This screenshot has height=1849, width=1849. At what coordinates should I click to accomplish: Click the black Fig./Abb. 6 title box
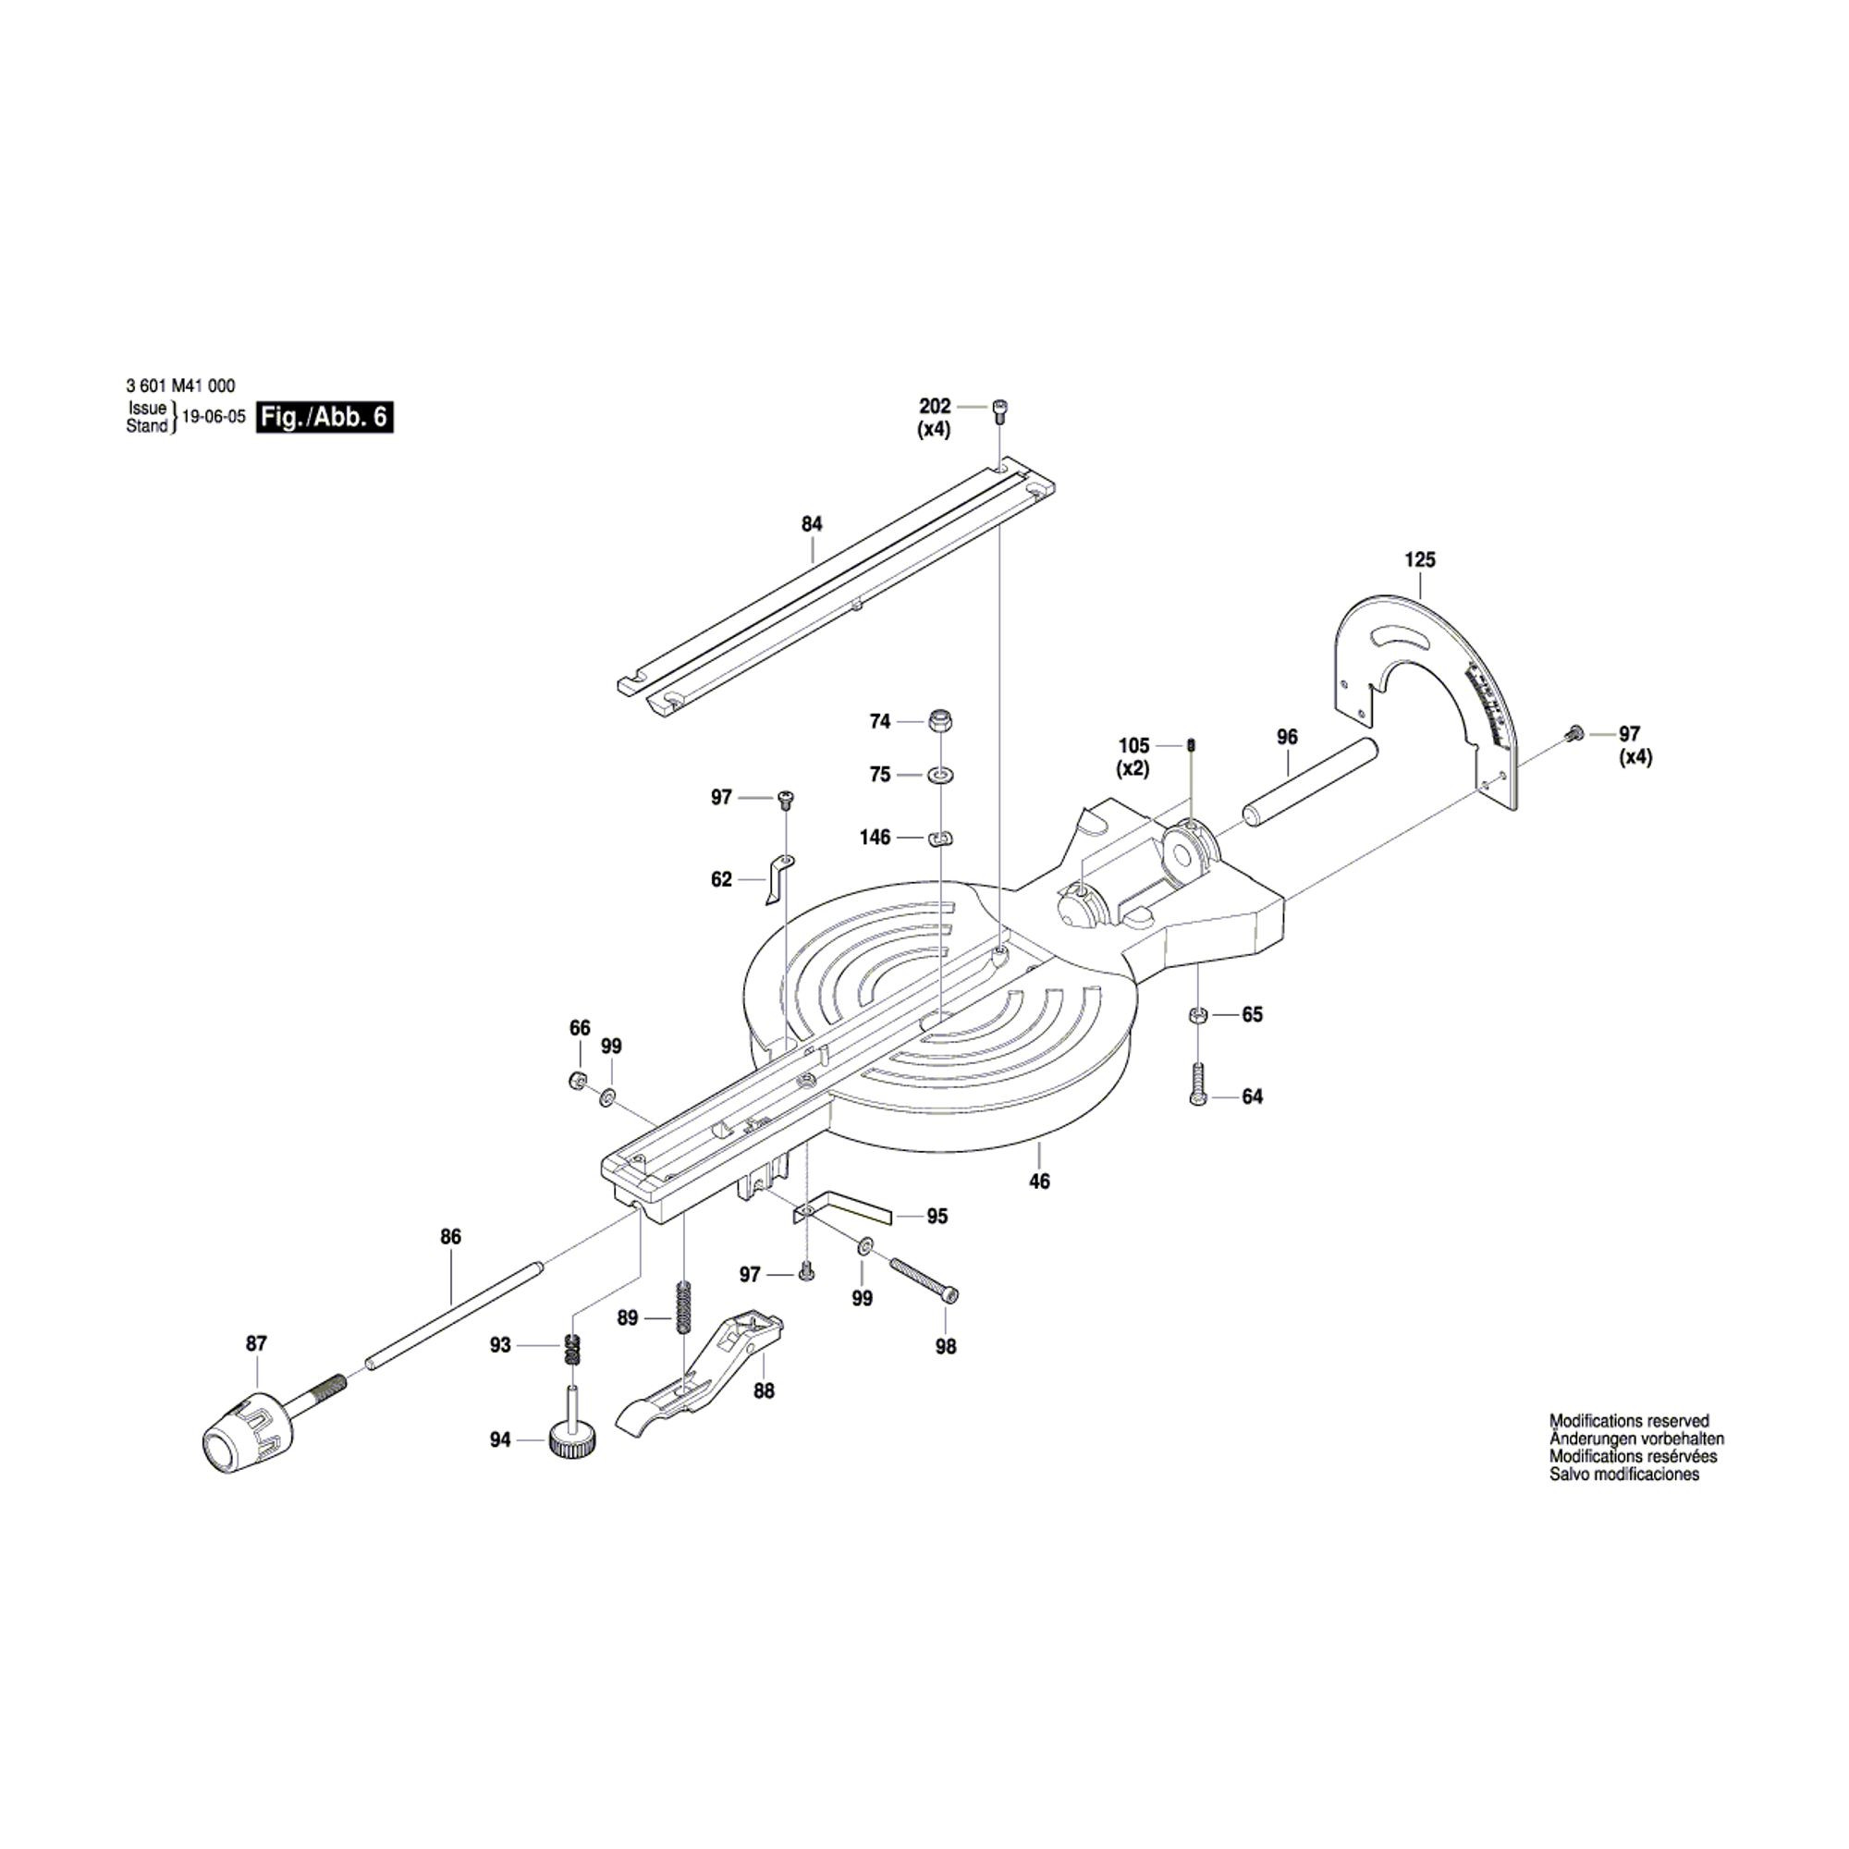pos(324,418)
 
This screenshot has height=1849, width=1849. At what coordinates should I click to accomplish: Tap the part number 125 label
pos(1420,560)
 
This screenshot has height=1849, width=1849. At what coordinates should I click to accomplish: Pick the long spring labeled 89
pos(683,1306)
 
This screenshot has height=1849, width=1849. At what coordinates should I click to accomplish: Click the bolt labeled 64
pos(1198,1084)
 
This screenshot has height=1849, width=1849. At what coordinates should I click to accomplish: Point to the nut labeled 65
pos(1198,1014)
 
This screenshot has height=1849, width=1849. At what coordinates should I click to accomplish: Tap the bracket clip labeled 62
pos(777,878)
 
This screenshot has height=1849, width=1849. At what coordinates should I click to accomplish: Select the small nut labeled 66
pos(577,1080)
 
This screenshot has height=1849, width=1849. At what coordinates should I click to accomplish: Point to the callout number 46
pos(1039,1182)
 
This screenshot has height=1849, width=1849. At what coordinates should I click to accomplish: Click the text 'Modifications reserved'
pos(1629,1421)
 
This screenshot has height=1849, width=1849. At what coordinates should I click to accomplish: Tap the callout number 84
pos(812,523)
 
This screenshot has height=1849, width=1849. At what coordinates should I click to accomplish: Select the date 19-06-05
pos(214,418)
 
